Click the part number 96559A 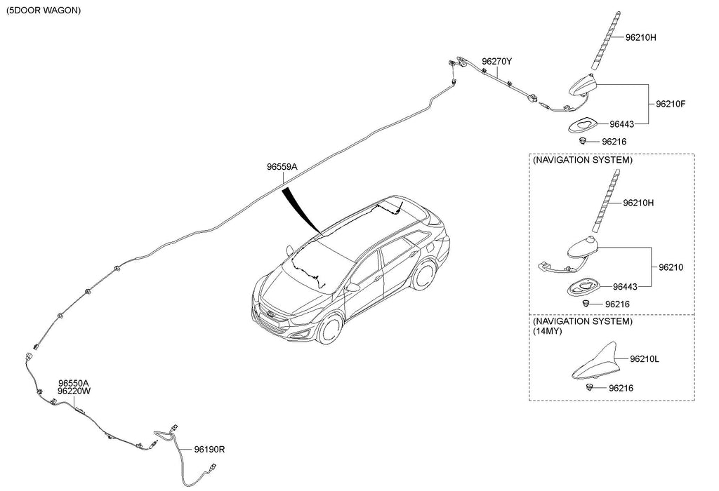(x=282, y=168)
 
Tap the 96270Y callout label (x=496, y=62)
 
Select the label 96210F (x=671, y=105)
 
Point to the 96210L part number (x=645, y=359)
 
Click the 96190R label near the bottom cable (x=209, y=449)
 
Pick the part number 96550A (x=74, y=383)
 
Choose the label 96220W (x=74, y=391)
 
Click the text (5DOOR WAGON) (x=43, y=11)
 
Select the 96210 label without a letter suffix (x=671, y=267)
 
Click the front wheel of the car (x=329, y=328)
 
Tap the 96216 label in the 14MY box (x=621, y=388)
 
